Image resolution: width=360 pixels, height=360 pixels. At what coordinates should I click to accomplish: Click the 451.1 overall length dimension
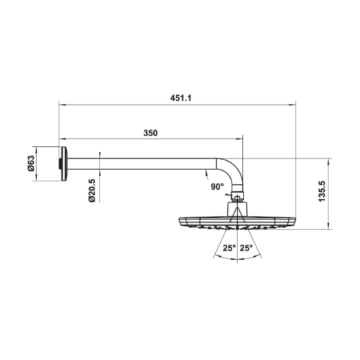pos(181,98)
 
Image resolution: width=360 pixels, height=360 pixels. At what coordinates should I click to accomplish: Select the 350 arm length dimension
pos(150,133)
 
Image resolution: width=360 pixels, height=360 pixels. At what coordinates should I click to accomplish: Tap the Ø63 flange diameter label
pos(31,164)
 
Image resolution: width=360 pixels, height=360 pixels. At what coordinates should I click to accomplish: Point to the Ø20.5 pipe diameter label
pos(92,191)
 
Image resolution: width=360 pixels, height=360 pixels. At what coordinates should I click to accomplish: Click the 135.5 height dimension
pos(321,191)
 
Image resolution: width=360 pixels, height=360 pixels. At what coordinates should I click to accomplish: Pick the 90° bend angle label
pos(217,187)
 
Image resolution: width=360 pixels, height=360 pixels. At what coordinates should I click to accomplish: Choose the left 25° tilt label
pos(229,248)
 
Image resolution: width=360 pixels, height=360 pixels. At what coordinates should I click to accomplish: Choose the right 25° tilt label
pos(246,248)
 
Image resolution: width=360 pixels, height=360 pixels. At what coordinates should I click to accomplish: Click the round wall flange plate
pos(64,164)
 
